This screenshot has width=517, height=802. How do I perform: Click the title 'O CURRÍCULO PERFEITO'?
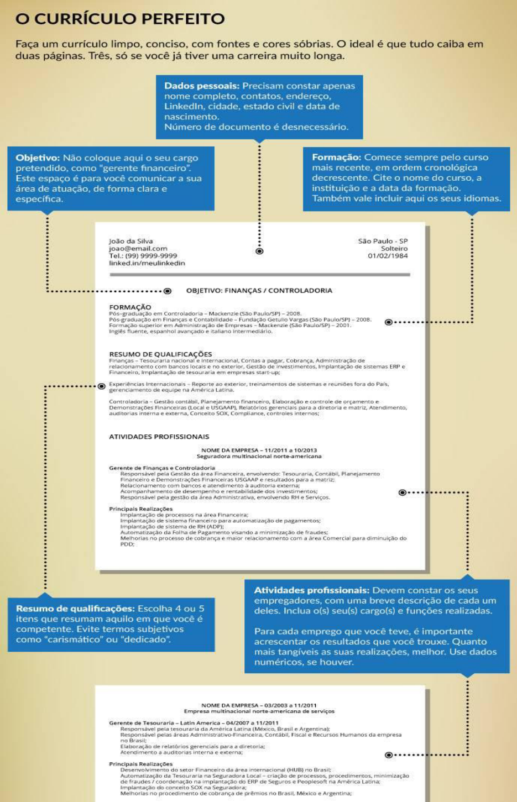pos(120,19)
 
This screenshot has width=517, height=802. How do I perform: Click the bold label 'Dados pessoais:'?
pos(202,86)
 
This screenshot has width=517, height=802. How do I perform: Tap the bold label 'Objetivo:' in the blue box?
pos(38,158)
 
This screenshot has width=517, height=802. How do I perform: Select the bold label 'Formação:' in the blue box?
pos(337,157)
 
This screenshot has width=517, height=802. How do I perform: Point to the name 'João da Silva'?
pos(131,242)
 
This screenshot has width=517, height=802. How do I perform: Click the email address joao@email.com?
pos(138,249)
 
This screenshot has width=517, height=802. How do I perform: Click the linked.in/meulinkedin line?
pos(147,263)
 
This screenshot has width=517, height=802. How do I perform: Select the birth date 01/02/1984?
pos(388,256)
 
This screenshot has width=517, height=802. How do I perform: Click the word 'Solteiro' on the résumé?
pos(394,249)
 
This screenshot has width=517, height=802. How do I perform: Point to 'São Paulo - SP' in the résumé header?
pos(383,242)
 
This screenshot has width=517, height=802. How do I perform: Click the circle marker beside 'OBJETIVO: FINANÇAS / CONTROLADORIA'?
pos(168,291)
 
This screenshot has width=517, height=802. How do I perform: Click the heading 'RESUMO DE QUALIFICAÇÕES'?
pos(160,354)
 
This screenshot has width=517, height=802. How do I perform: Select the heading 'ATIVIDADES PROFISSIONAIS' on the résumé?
pos(159,437)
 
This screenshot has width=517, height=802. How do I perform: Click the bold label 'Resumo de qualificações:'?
pos(76,609)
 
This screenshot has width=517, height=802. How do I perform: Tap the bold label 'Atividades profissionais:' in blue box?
pos(312,590)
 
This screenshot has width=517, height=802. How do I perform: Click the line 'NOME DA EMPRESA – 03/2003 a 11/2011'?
pos(259,705)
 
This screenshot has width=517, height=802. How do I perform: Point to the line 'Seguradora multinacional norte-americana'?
pos(259,457)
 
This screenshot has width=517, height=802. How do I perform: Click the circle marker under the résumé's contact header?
pos(259,251)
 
